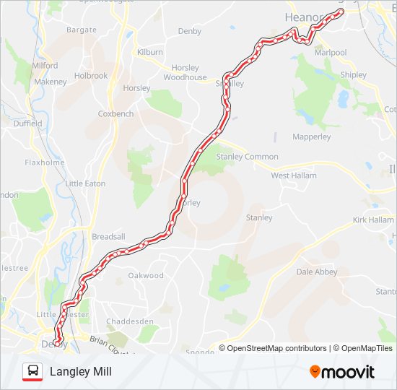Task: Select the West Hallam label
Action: [295, 175]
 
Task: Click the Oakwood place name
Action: [146, 275]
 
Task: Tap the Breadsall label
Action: [108, 237]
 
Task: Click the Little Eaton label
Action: [85, 184]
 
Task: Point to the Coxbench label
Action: [115, 113]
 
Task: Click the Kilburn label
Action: [149, 53]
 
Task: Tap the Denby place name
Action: [190, 31]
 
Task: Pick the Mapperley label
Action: [311, 136]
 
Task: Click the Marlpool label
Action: [331, 53]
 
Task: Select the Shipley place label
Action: [353, 75]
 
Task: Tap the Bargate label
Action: [81, 30]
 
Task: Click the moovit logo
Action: [342, 372]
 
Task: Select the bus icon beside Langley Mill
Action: [32, 372]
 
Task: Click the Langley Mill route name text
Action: [81, 372]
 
